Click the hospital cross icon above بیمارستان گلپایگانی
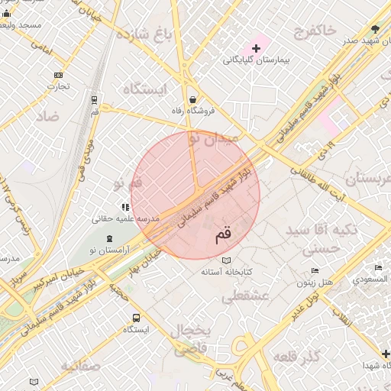click(256, 49)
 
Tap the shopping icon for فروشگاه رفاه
click(192, 99)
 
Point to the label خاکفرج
click(314, 31)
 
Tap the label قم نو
click(128, 184)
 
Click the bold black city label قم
click(222, 236)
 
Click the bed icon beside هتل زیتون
click(315, 271)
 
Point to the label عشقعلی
click(245, 296)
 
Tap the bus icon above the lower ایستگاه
click(135, 318)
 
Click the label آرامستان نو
click(103, 250)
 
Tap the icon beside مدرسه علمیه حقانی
click(124, 207)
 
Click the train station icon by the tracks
click(94, 100)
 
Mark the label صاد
click(47, 116)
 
